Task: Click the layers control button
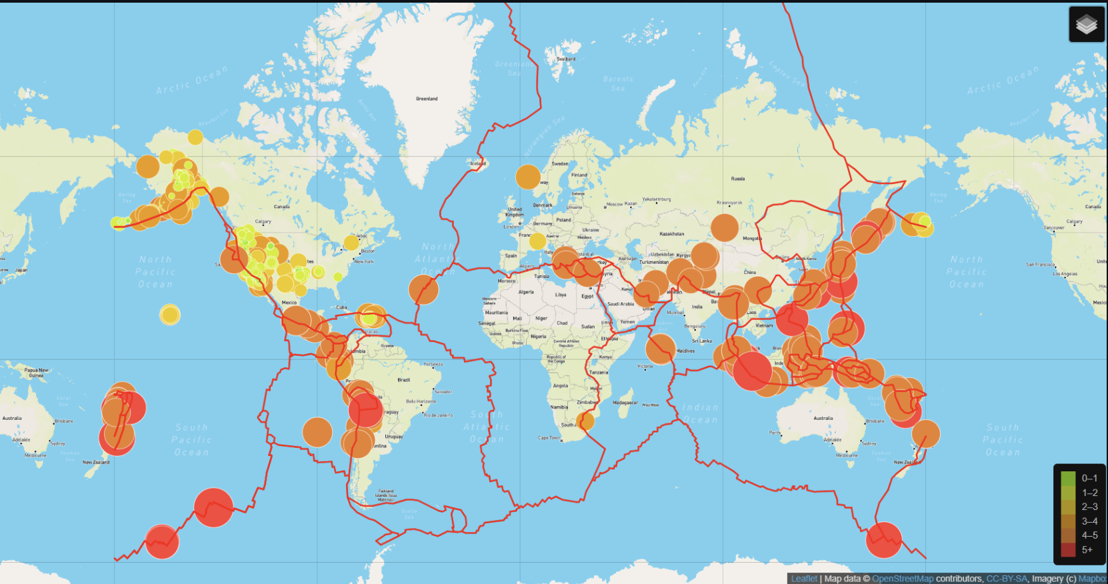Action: tap(1087, 25)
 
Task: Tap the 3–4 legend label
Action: tap(1089, 521)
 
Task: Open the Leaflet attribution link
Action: tap(804, 579)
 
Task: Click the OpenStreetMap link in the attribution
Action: tap(903, 579)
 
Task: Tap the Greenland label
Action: tap(427, 99)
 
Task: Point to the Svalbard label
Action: tap(565, 59)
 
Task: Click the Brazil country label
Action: tap(403, 380)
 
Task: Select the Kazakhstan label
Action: tap(671, 234)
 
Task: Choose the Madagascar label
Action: tap(625, 403)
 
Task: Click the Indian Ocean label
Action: tap(700, 413)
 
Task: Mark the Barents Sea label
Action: tap(618, 83)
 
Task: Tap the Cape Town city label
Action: tap(549, 438)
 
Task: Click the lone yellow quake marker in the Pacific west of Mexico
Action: tap(170, 314)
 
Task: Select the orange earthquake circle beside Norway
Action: tap(528, 177)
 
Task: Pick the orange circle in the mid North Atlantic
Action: tap(423, 289)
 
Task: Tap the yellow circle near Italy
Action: tap(537, 241)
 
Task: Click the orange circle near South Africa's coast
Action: tap(585, 421)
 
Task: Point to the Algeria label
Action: tap(526, 292)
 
